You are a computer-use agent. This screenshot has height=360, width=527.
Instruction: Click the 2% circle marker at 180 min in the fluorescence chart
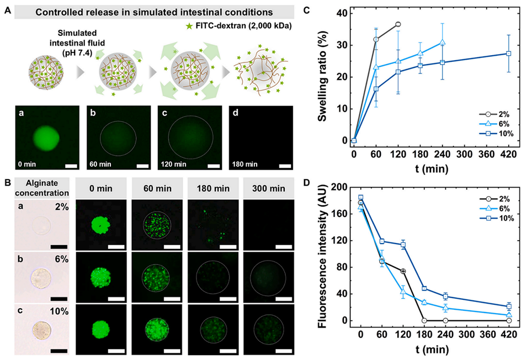pyautogui.click(x=424, y=320)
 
